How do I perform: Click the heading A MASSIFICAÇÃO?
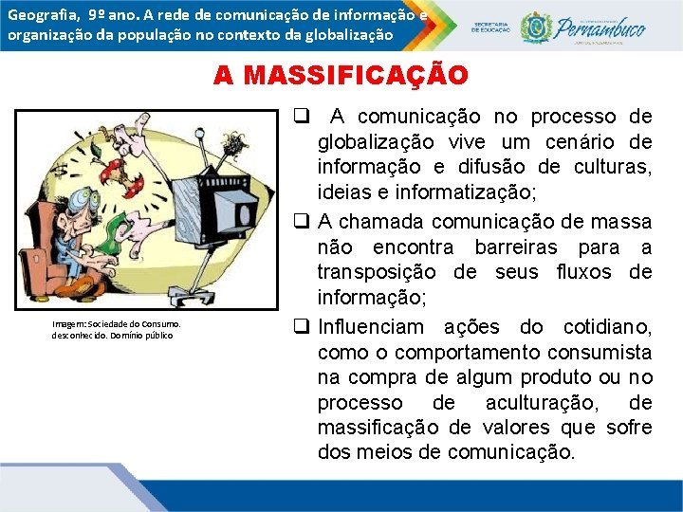point(341,76)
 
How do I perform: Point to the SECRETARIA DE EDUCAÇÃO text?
point(490,27)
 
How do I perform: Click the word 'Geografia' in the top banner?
point(41,15)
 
